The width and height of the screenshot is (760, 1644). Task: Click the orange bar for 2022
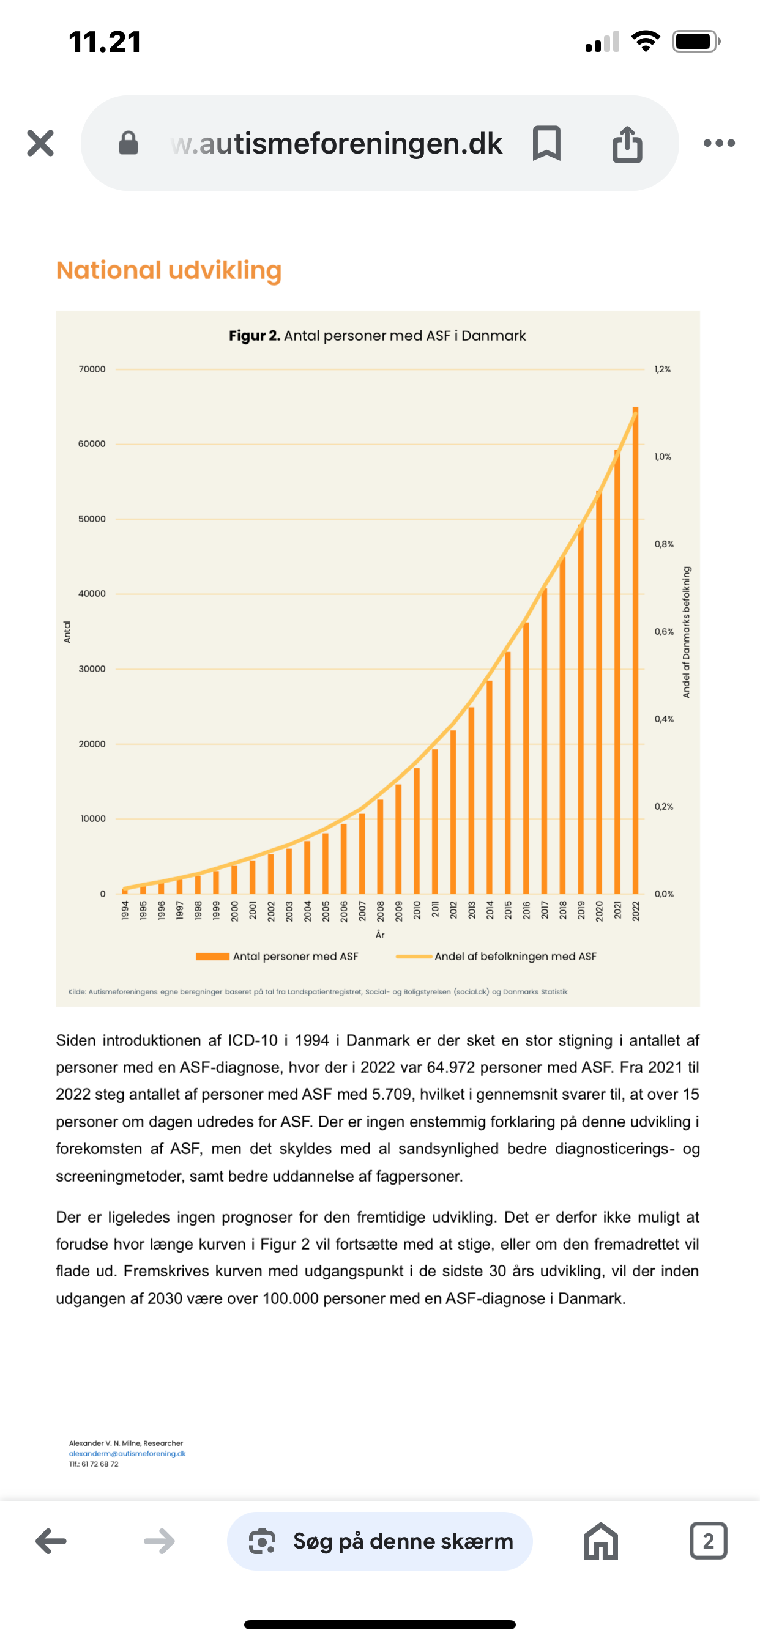[x=635, y=651]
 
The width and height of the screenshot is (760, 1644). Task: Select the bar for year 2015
[x=508, y=772]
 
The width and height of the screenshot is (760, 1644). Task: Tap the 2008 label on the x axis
[x=380, y=910]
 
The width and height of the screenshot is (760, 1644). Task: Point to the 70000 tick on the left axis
[x=92, y=369]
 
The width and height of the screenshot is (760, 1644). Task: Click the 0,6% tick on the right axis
[x=663, y=631]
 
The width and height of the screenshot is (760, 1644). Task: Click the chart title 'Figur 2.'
[x=254, y=336]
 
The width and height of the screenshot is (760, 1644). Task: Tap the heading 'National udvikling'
[x=169, y=270]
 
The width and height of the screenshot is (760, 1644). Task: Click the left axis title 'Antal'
[x=67, y=631]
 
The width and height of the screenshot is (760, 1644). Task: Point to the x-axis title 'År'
[x=380, y=935]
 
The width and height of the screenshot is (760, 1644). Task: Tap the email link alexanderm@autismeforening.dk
[x=127, y=1453]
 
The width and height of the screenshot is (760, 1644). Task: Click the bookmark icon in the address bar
[x=546, y=143]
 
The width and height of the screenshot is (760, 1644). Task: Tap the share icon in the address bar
[x=627, y=144]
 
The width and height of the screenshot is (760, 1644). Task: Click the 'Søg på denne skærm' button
[x=380, y=1541]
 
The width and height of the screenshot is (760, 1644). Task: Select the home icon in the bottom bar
[x=600, y=1541]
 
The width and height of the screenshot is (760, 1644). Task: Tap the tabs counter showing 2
[x=708, y=1541]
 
